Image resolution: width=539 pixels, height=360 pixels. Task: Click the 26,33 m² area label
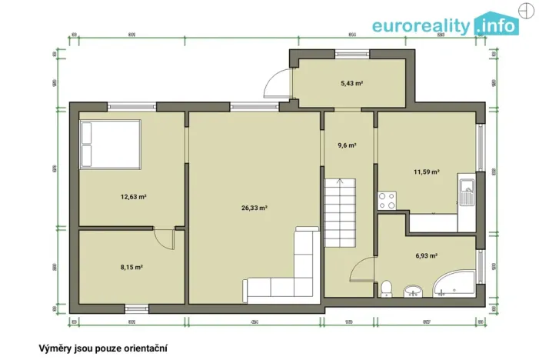click(254, 208)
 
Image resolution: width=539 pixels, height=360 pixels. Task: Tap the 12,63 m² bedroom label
click(133, 197)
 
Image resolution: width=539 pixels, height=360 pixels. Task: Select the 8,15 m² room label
click(132, 267)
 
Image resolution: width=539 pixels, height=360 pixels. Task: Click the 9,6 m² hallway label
click(348, 144)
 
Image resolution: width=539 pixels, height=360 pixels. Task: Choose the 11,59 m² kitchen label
click(426, 172)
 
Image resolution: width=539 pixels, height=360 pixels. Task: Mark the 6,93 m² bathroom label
click(426, 255)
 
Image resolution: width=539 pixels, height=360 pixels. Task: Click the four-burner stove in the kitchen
click(387, 201)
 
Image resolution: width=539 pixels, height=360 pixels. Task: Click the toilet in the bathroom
click(387, 288)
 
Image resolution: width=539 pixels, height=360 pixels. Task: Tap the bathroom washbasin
click(414, 291)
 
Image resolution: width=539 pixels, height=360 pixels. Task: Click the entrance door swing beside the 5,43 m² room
click(275, 82)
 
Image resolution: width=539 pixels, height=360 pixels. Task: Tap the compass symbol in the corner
click(525, 10)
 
